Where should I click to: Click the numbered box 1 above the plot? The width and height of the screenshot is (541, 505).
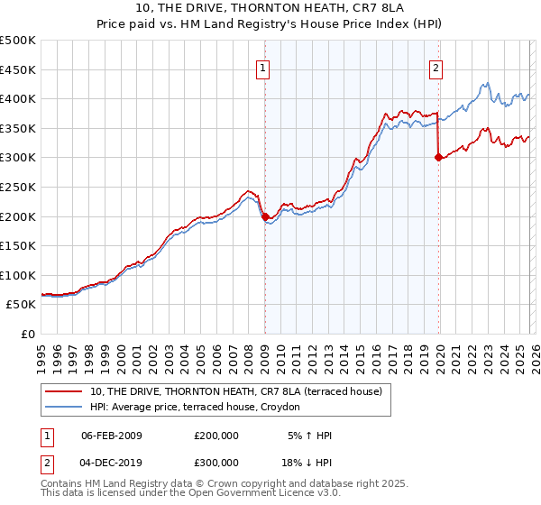click(x=262, y=67)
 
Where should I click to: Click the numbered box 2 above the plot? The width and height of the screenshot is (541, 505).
click(x=436, y=67)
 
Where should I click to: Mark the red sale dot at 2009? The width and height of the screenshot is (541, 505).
click(x=265, y=216)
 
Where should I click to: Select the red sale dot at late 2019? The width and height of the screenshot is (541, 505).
click(x=438, y=157)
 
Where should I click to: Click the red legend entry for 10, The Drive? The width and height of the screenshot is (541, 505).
click(x=236, y=391)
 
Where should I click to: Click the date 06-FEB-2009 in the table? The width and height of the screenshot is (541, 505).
click(x=112, y=436)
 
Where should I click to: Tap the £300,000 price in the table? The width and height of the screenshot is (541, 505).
click(x=216, y=462)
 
